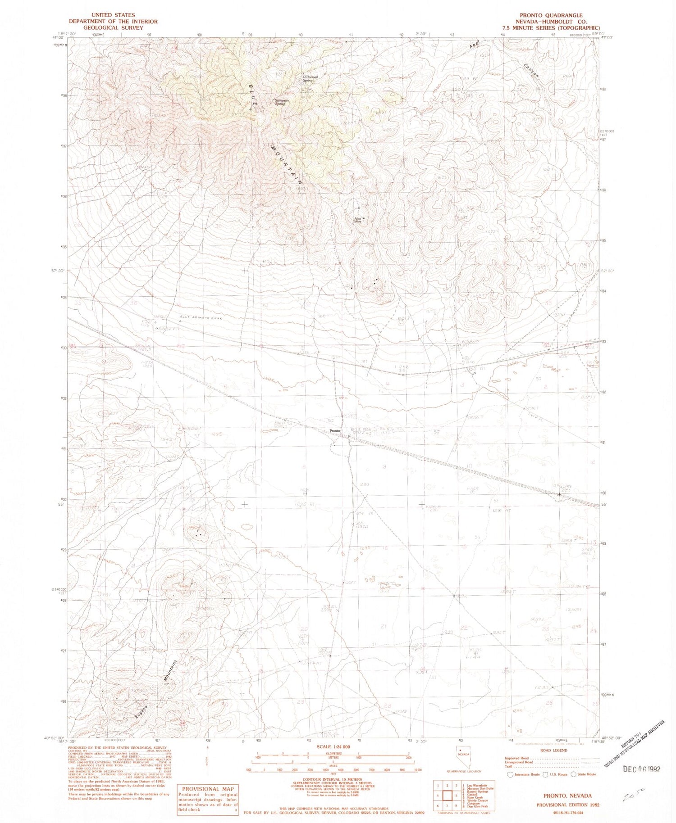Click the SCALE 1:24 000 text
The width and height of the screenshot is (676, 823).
point(333,746)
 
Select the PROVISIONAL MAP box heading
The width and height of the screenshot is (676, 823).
point(208,789)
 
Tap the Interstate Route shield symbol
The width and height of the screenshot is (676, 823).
point(510,774)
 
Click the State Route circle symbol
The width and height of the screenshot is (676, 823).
point(573,774)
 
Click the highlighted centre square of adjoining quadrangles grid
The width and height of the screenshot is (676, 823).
point(447,796)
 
